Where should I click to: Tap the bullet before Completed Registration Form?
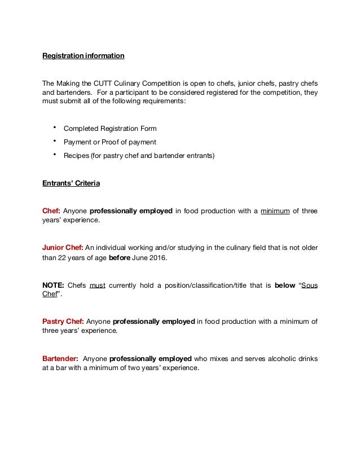click(x=54, y=127)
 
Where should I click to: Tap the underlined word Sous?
click(x=309, y=285)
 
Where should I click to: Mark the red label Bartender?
click(x=60, y=358)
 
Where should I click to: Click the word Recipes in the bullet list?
click(x=76, y=154)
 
